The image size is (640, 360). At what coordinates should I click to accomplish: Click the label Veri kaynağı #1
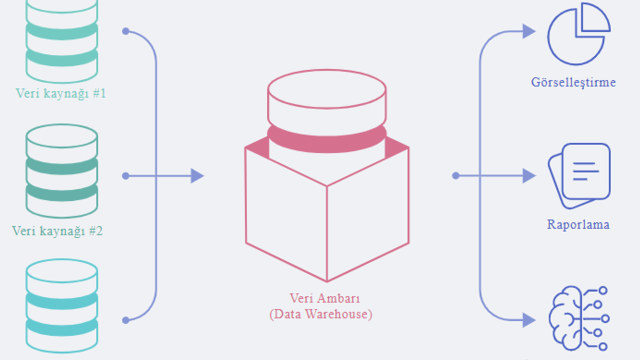pos(60,93)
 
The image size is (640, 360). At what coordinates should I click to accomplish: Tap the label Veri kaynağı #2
pos(57,231)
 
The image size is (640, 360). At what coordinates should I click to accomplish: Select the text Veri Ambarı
pos(324,298)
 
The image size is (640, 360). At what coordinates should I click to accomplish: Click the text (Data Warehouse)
pos(320,314)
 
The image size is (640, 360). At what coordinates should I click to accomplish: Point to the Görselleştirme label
pos(573,82)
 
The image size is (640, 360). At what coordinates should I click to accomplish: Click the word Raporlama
pos(578,224)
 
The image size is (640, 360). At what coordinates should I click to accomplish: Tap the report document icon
pos(579,175)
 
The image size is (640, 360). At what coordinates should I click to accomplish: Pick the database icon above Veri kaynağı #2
pos(61,171)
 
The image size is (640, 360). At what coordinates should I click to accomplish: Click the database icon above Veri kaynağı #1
pos(61,40)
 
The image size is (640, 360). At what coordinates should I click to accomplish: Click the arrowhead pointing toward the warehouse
pos(197,176)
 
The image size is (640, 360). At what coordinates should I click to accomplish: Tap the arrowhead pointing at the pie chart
pos(528,31)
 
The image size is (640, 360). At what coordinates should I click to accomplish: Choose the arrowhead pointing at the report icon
pos(528,176)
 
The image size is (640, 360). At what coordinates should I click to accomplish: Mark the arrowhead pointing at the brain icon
pos(528,320)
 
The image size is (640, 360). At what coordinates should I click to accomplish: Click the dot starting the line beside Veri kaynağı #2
pos(125,176)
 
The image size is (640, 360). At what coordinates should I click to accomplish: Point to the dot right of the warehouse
pos(455,176)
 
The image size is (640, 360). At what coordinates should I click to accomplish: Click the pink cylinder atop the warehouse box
pos(326,110)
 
